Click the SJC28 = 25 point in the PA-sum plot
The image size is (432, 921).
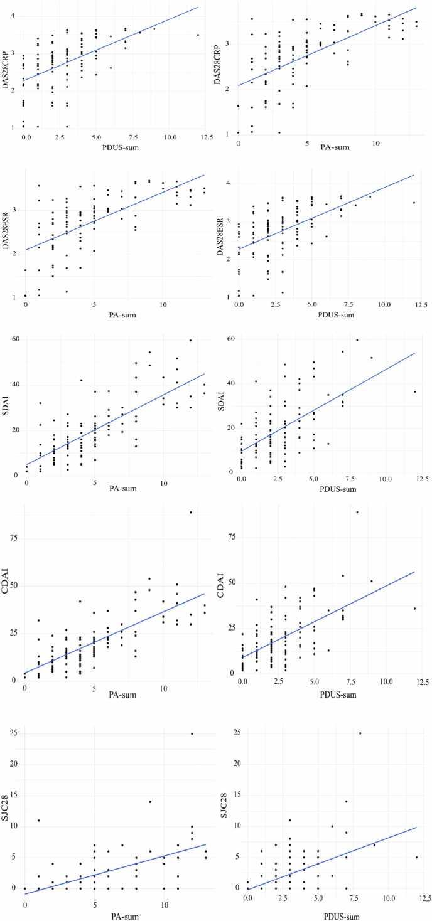point(192,733)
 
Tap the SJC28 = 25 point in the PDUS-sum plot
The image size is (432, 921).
point(360,733)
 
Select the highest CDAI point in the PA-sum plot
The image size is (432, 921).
point(191,512)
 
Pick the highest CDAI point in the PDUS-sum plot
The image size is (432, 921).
point(357,512)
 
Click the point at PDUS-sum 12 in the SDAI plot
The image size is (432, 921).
point(414,391)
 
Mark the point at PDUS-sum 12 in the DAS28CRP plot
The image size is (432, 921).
point(198,35)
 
